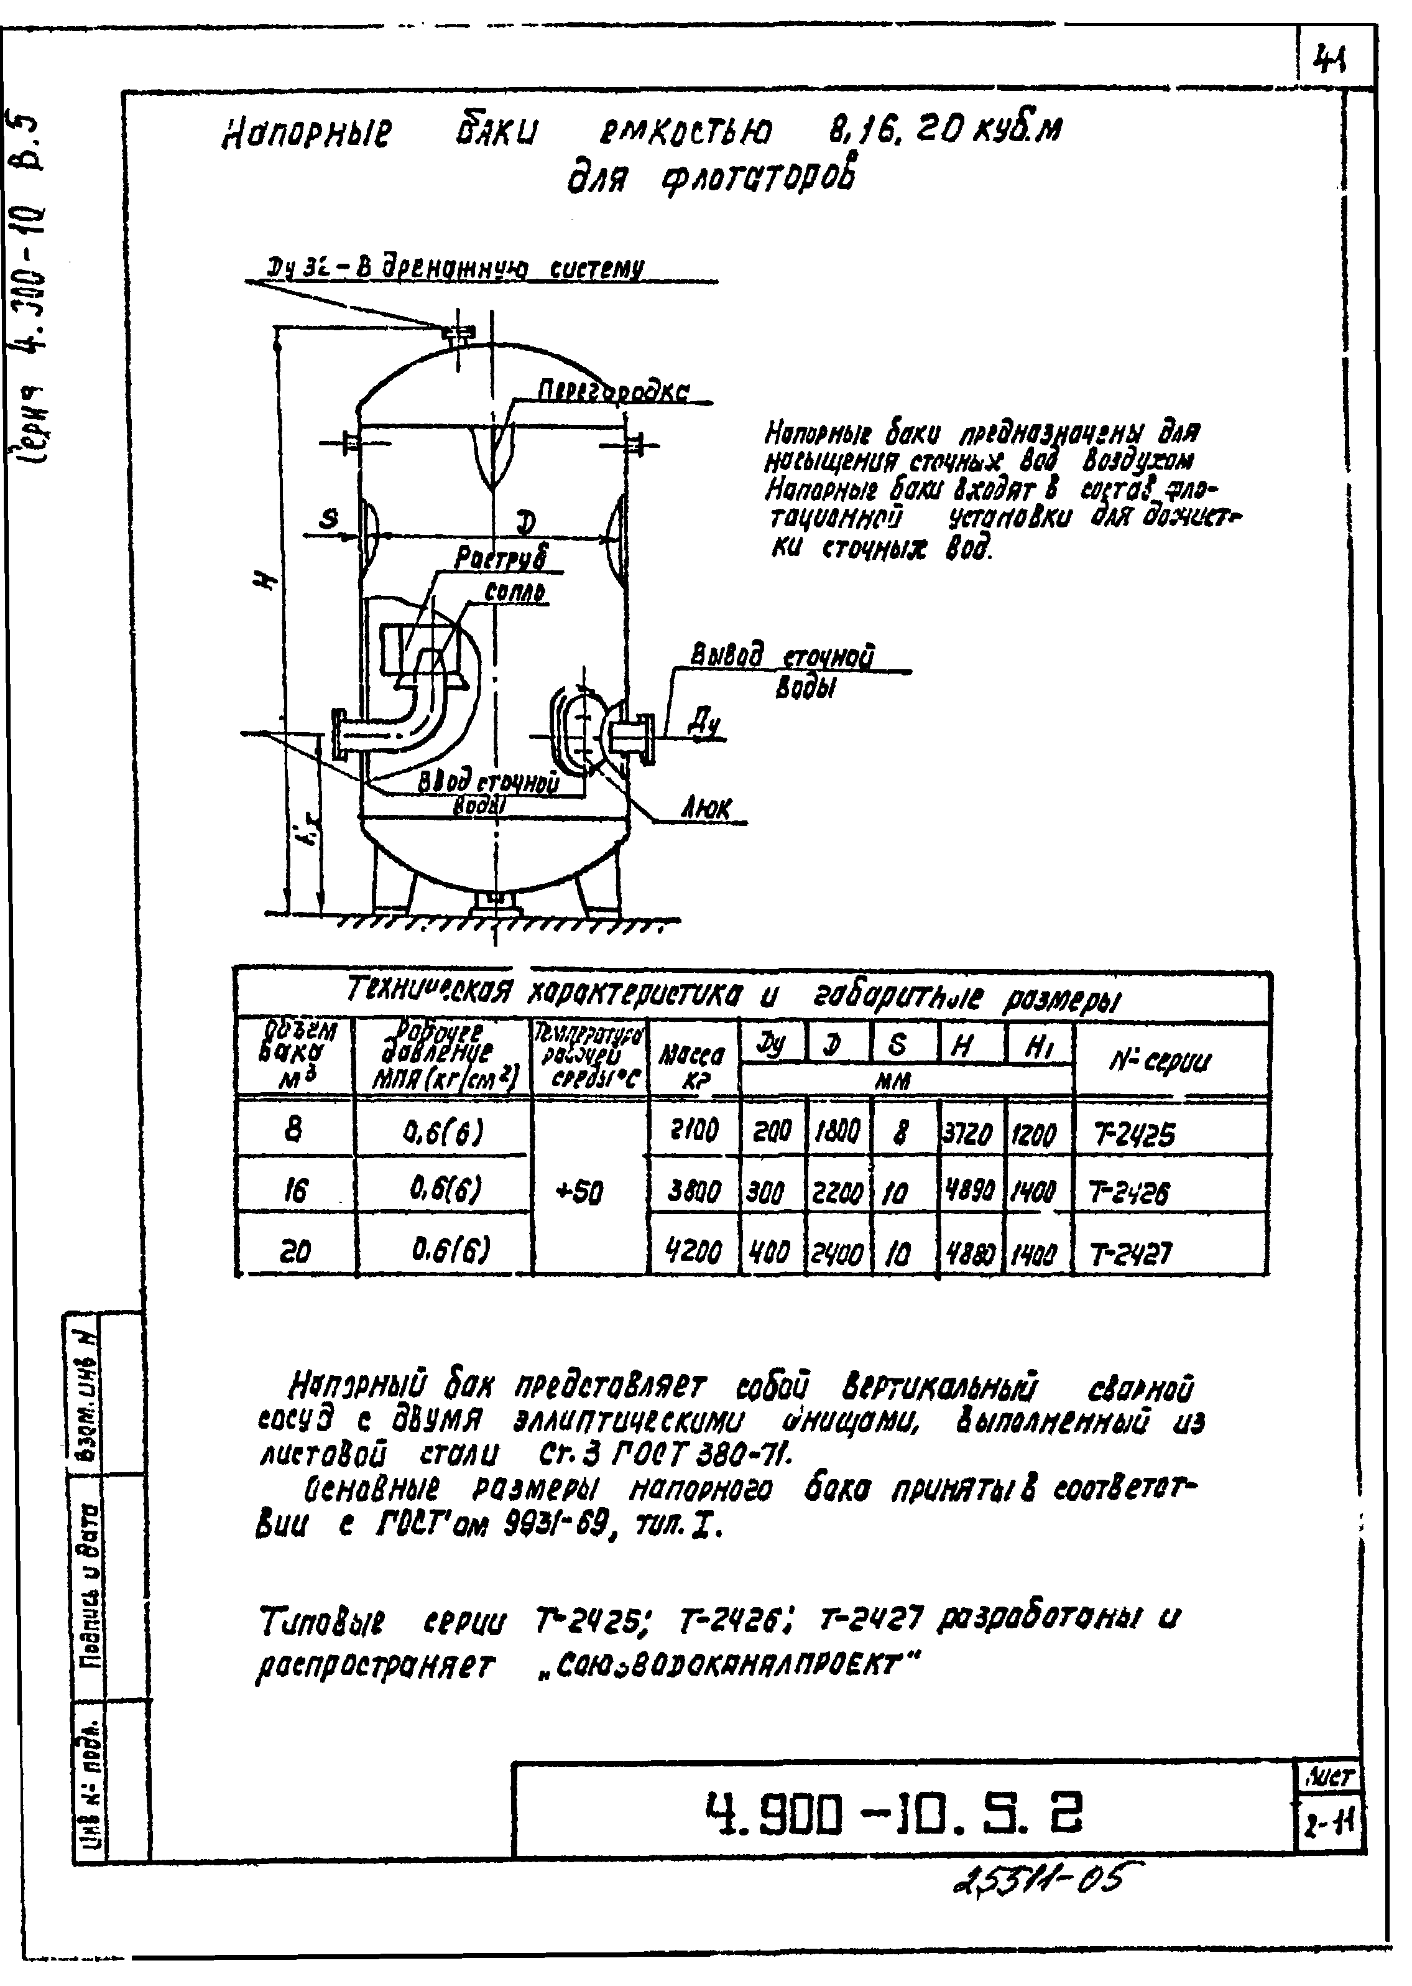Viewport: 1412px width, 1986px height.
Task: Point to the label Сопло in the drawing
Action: [515, 593]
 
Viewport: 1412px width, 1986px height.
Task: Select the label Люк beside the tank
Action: [706, 810]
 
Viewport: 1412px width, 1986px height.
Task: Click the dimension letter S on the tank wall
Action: [329, 520]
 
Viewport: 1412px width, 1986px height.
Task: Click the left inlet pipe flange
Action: [341, 734]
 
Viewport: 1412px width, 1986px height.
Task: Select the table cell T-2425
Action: [1132, 1135]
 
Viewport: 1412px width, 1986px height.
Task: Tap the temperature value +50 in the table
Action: [579, 1192]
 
